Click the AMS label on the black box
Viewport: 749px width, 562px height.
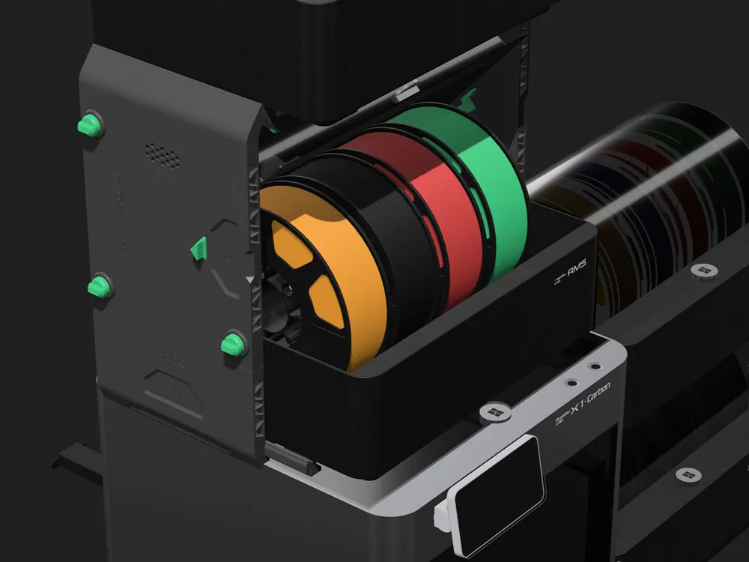point(570,271)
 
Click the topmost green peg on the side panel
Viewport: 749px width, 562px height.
point(89,125)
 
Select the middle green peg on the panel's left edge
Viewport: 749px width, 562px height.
point(99,286)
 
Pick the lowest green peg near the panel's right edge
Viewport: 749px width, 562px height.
point(233,344)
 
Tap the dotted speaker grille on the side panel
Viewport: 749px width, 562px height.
point(162,155)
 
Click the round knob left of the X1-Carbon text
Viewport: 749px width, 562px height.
point(494,413)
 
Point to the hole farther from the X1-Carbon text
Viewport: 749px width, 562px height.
point(595,367)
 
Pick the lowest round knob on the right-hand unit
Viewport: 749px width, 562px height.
point(689,475)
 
